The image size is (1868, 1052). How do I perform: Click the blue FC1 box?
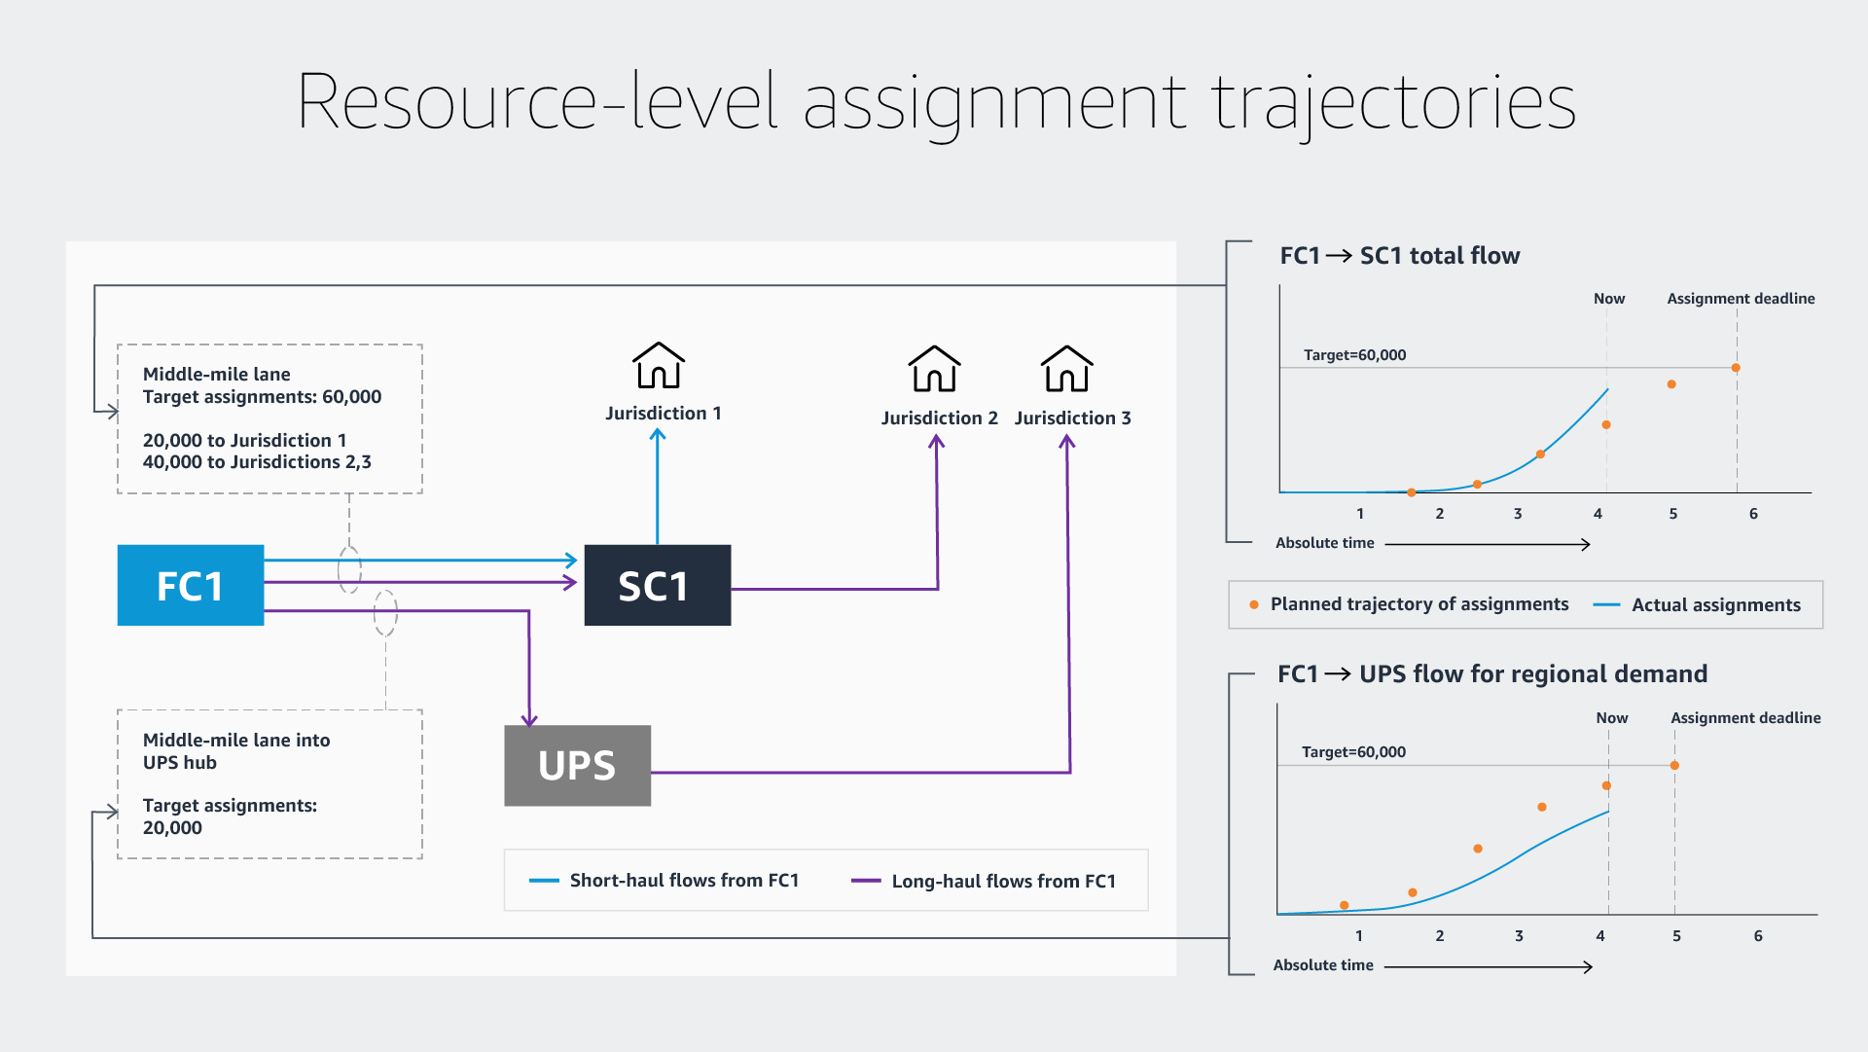click(191, 585)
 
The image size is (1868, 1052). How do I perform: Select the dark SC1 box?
click(657, 585)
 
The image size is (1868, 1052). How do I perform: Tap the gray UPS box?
click(577, 766)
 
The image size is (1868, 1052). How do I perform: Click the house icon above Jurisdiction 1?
click(659, 366)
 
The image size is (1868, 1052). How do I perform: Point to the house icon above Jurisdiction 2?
click(934, 369)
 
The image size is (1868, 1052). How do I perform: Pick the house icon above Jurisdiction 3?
click(1067, 369)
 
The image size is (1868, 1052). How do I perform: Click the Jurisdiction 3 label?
click(1072, 417)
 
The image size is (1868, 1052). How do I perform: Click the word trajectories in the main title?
click(1393, 102)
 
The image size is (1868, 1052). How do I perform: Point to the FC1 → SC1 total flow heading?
click(1399, 256)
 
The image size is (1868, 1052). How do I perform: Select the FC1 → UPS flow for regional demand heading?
click(1492, 674)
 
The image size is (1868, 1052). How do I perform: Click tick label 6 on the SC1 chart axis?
click(1753, 514)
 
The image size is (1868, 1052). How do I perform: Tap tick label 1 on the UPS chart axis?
click(1359, 936)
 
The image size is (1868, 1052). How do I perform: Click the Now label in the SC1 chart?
click(1609, 299)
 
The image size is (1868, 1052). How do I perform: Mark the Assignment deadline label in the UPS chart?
click(1745, 718)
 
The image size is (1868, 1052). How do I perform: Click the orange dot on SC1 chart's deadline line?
click(1736, 368)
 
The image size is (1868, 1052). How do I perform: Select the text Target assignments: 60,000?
click(262, 397)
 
